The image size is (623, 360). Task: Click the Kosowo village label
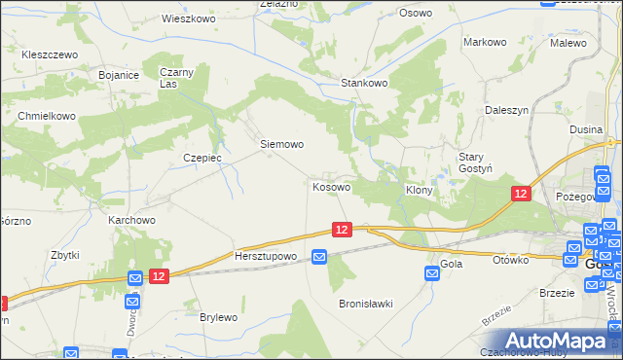pos(331,186)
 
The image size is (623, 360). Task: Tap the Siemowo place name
pos(281,144)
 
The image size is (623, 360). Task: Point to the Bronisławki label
pos(365,304)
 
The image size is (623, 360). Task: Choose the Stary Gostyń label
pos(478,162)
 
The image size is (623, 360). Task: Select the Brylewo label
pos(219,317)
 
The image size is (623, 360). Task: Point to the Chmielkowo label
pos(47,115)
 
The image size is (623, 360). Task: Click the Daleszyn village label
pos(506,111)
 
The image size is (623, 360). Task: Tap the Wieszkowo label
pos(188,18)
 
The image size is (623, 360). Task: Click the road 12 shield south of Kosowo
pos(341,229)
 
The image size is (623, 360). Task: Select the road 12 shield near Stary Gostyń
pos(521,195)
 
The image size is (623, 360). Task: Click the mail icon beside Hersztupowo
pos(319,256)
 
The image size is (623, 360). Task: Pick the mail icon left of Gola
pos(432,275)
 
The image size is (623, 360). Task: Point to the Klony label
pos(419,191)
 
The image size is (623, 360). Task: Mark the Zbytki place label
pos(64,255)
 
